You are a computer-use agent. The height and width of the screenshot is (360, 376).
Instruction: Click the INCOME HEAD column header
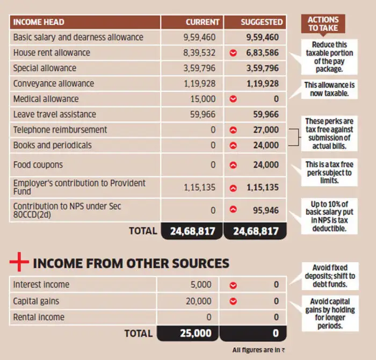39,22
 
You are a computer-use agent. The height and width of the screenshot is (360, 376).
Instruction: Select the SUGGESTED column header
261,22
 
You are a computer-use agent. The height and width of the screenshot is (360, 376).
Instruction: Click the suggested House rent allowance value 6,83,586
262,53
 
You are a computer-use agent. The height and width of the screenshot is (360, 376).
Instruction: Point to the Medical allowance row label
46,99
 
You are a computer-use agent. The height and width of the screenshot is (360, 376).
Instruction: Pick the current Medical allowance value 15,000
203,99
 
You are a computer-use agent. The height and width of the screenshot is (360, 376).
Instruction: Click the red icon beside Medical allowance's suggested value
233,99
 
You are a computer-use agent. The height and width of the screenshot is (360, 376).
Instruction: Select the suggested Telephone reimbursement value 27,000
266,129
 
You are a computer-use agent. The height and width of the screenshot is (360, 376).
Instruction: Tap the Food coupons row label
38,165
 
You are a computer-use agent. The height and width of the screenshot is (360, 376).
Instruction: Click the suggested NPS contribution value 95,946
266,210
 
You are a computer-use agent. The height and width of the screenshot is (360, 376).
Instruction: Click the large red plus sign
18,263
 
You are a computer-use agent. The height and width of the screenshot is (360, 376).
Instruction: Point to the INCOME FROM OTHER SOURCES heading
131,263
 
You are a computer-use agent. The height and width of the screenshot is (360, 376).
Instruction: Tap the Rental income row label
39,317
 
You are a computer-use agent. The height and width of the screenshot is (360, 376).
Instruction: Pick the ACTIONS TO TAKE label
323,24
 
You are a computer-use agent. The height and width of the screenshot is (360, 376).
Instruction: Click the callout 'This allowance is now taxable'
330,89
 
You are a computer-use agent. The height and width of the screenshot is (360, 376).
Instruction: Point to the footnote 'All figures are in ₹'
255,350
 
